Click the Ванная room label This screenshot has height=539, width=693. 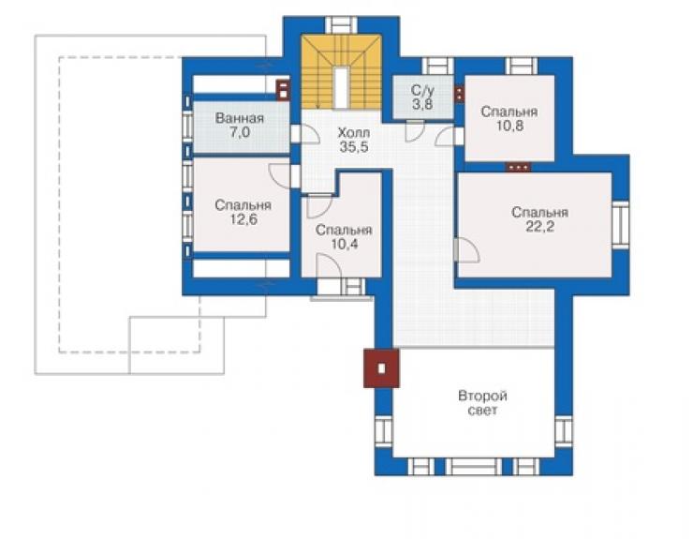[240, 118]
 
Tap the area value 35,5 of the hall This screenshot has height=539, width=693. [354, 147]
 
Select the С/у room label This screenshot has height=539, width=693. [422, 90]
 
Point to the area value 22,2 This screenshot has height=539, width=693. [539, 227]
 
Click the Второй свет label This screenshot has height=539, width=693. [482, 403]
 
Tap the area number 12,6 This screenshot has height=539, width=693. [243, 219]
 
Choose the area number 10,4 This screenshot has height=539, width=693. [344, 244]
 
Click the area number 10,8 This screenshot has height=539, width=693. [509, 126]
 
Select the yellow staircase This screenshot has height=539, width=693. [341, 72]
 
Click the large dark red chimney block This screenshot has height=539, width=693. [381, 368]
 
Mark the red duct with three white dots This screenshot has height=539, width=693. [519, 167]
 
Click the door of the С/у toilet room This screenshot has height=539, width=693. [415, 130]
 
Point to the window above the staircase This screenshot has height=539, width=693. [341, 24]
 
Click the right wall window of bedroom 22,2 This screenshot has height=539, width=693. [620, 225]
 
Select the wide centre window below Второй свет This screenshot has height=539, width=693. [473, 467]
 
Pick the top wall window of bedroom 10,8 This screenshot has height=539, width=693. [522, 66]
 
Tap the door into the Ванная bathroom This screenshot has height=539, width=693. [305, 134]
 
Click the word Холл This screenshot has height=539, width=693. [354, 132]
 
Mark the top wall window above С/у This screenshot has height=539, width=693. [438, 66]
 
